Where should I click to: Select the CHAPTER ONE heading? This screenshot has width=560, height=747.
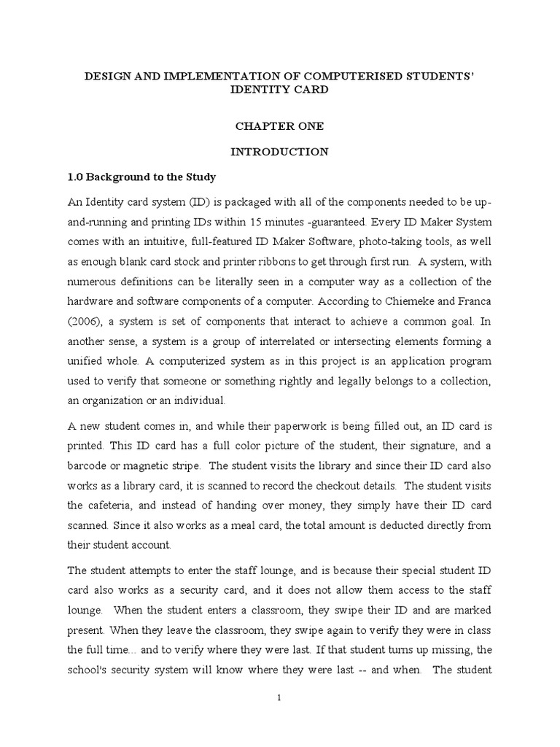point(279,126)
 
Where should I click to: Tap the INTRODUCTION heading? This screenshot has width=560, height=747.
point(279,152)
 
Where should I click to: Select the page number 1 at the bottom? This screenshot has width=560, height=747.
point(279,697)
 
